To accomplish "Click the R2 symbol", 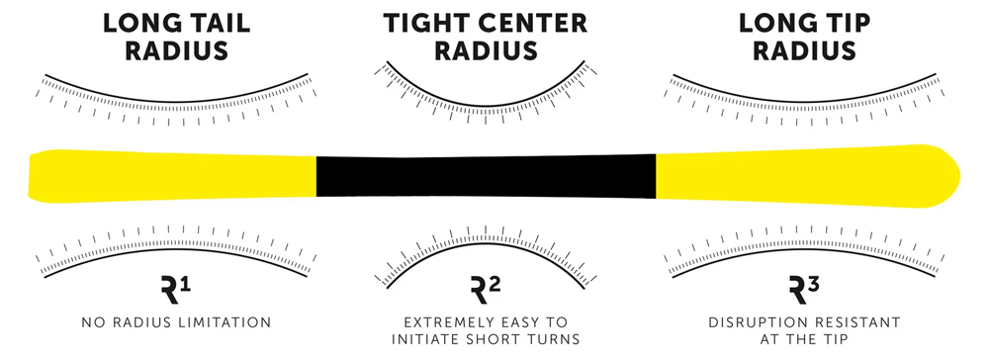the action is pos(487,291).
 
